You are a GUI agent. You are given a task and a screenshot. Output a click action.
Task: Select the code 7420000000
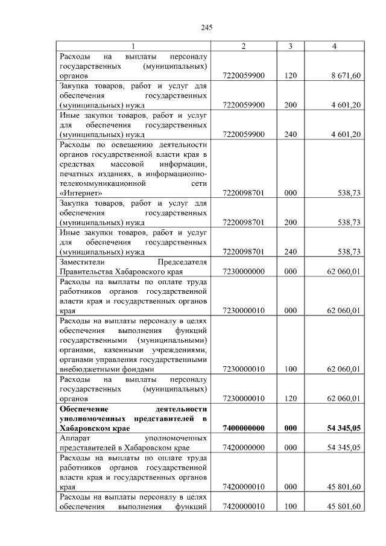244,447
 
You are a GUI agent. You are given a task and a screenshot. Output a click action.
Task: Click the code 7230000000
244,271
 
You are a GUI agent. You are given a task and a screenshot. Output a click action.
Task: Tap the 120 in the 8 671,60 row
290,76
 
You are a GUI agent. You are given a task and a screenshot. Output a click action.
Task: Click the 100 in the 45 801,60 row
290,506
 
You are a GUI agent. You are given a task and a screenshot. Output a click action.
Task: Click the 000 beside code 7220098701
290,193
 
